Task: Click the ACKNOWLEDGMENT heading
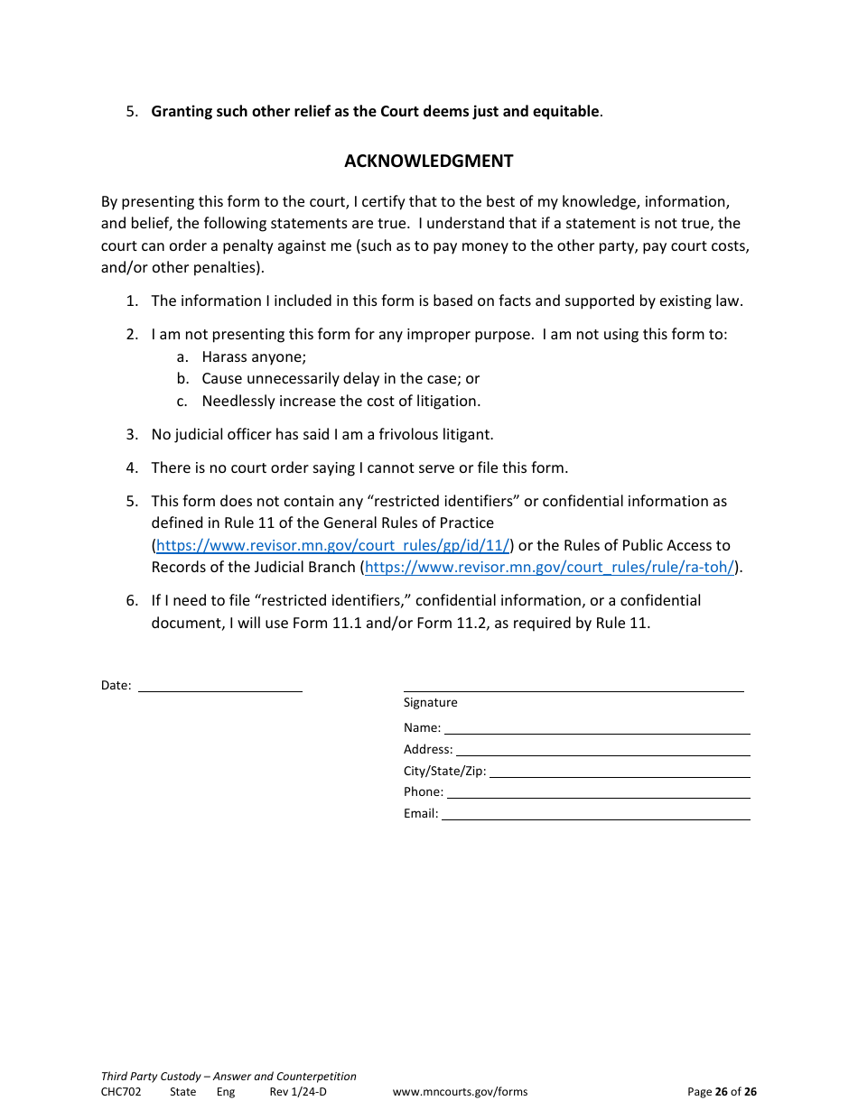click(x=428, y=162)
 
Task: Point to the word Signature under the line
click(x=430, y=703)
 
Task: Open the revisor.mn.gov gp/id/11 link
click(x=333, y=545)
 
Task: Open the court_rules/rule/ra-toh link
click(x=549, y=568)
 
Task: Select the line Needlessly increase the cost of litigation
click(x=340, y=401)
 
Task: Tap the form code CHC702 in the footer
click(x=121, y=1092)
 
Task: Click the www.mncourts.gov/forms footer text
click(x=460, y=1092)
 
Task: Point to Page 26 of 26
click(x=722, y=1092)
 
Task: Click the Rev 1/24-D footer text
click(x=298, y=1092)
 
